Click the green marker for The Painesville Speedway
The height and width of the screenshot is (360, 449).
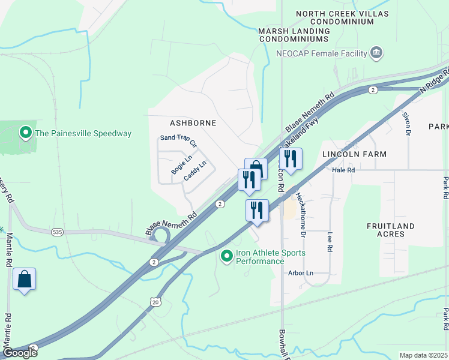tap(26, 133)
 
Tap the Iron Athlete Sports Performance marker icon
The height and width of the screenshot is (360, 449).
tap(226, 257)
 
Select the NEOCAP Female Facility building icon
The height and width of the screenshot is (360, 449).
tap(376, 53)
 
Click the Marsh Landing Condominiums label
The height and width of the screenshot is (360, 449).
tap(294, 35)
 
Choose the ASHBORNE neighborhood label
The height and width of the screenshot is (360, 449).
tap(193, 122)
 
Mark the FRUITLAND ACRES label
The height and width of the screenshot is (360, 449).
tap(391, 230)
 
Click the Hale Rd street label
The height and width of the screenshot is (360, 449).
tap(344, 170)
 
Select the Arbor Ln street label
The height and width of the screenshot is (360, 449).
tap(301, 273)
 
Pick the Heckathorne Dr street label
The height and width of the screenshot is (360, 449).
tap(303, 211)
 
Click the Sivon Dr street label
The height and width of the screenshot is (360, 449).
tap(406, 124)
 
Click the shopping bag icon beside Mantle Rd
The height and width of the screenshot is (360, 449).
tap(24, 279)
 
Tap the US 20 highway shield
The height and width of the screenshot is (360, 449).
tap(155, 302)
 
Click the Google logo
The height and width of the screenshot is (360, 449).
tap(19, 353)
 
